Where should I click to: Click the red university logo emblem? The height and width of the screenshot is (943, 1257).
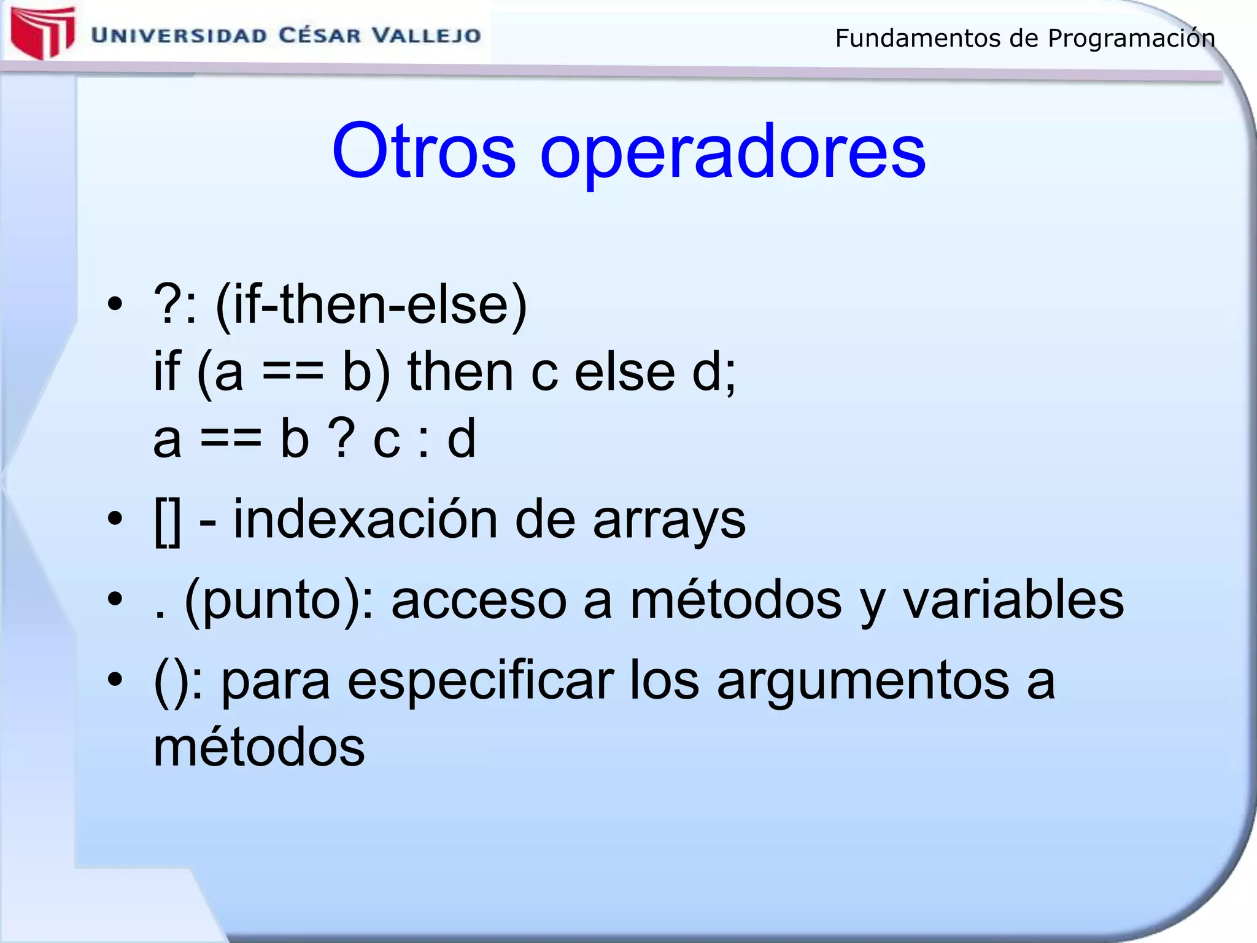point(42,34)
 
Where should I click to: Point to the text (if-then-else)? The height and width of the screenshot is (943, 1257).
point(371,305)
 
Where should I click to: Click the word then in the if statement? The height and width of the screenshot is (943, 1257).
point(460,372)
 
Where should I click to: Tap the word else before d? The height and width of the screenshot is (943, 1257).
point(624,372)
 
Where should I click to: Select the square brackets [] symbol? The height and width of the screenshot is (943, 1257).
point(168,522)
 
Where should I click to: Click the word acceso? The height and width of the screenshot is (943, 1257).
point(479,602)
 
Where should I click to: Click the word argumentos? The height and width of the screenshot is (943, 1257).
point(863,681)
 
